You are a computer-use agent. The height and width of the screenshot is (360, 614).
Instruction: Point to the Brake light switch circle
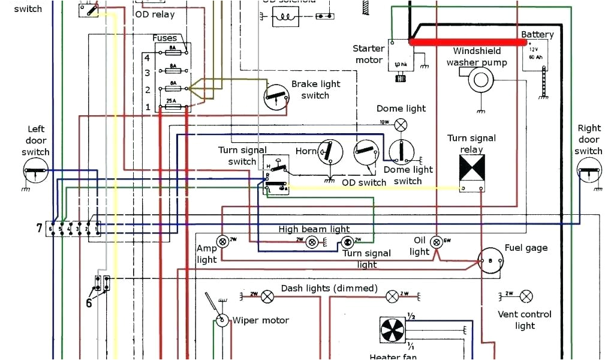276,97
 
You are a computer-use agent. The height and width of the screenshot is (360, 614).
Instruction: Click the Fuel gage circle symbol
489,261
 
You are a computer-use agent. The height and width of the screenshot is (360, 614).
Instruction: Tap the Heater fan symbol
393,331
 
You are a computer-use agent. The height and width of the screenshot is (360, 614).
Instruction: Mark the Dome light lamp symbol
400,125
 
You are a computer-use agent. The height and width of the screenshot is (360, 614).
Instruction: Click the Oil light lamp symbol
437,241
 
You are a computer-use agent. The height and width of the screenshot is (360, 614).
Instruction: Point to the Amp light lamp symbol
222,241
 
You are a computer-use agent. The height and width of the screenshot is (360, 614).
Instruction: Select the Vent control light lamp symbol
526,296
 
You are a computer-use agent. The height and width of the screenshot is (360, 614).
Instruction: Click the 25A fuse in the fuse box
173,107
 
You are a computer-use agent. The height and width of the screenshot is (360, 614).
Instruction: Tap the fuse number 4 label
147,58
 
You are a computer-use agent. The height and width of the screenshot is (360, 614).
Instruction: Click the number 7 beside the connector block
40,228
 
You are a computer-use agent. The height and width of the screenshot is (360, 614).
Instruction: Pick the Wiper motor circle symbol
222,320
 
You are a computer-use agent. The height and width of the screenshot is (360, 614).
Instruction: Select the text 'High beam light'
314,229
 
